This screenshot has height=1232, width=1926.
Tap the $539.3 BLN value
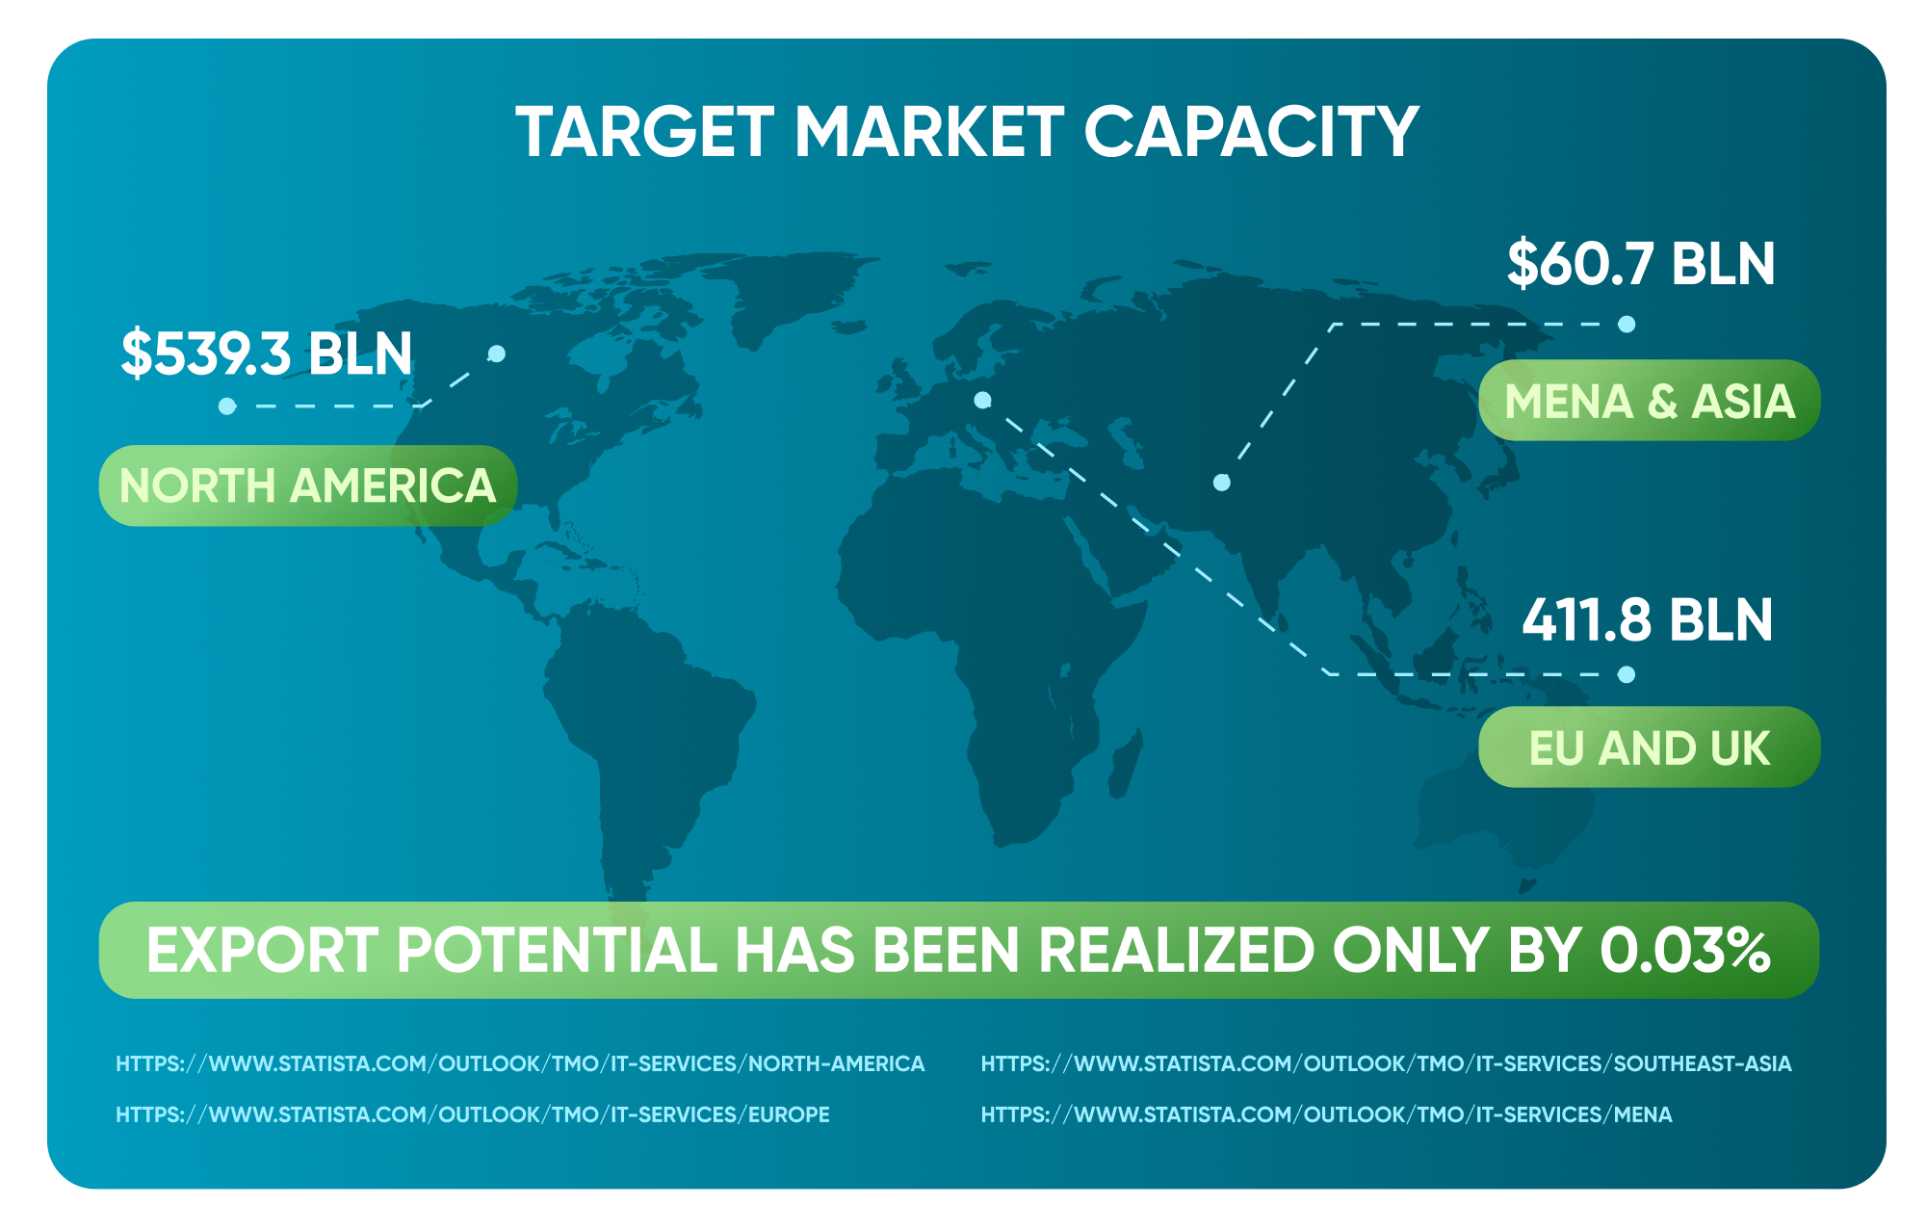pos(267,353)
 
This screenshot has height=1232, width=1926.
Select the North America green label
pos(308,485)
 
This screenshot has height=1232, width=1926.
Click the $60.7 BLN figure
pos(1641,263)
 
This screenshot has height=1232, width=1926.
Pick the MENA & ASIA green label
pos(1650,401)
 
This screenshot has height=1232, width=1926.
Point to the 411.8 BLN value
pos(1648,619)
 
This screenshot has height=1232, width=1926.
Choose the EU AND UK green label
pos(1650,747)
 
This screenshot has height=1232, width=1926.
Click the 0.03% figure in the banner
pos(1685,951)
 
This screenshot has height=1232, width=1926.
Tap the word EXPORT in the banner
pos(261,951)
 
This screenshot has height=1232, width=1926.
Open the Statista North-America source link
pos(520,1064)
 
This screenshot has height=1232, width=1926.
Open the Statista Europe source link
pos(473,1114)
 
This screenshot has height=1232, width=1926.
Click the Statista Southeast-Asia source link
pos(1387,1064)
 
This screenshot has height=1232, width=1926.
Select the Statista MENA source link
pos(1327,1114)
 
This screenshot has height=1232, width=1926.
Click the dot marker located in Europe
pos(982,400)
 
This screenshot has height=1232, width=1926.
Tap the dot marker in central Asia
pos(1222,483)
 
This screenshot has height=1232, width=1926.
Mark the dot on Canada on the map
pos(497,354)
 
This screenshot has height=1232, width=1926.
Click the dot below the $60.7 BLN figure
pos(1627,325)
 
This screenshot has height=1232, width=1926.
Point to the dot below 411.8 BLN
pos(1627,674)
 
